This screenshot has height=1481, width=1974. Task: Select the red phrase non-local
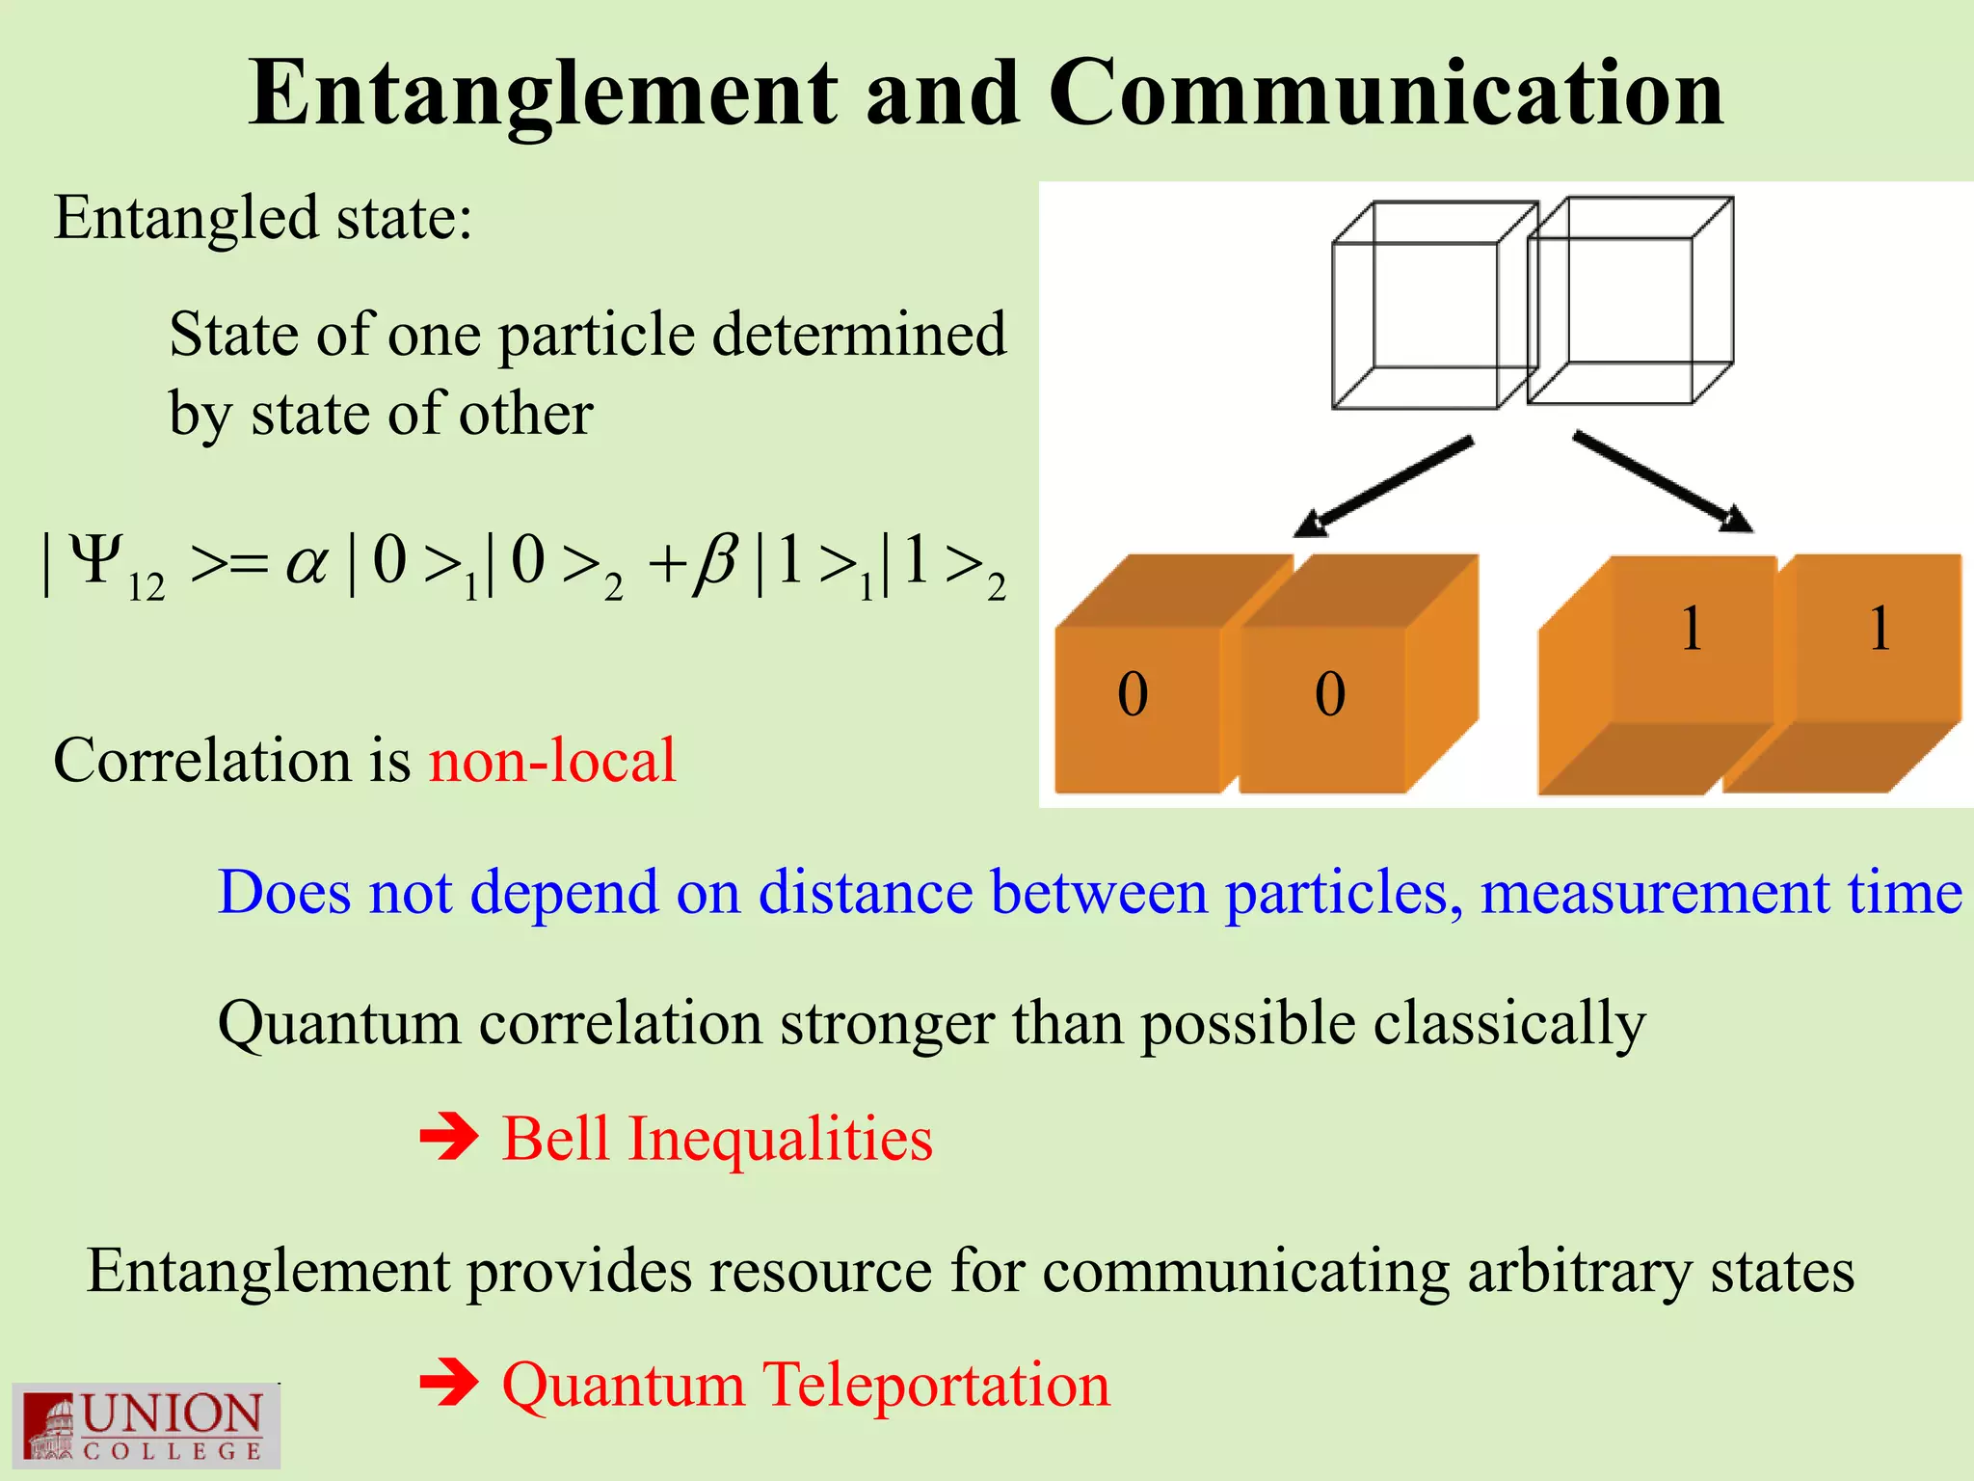pos(552,761)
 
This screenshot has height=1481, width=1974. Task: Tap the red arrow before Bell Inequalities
pos(449,1138)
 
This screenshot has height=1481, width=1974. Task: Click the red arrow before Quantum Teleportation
pos(449,1385)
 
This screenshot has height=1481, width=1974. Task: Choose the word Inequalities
pos(781,1139)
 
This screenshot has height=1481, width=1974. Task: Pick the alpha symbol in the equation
pos(307,563)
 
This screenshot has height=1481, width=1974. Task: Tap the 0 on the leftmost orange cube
pos(1133,694)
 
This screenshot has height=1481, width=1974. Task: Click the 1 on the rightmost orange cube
pos(1879,630)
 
